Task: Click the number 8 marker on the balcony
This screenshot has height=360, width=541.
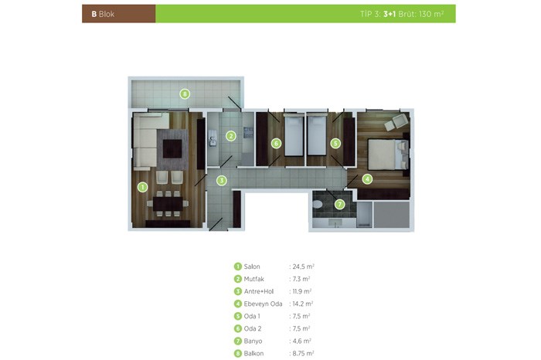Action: pyautogui.click(x=185, y=93)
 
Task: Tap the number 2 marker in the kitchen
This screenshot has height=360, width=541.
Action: pyautogui.click(x=231, y=136)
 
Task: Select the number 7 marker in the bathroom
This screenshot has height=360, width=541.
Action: pyautogui.click(x=339, y=205)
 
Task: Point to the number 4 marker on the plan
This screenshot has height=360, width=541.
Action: pyautogui.click(x=367, y=179)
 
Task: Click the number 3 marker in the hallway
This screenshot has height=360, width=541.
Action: pyautogui.click(x=222, y=180)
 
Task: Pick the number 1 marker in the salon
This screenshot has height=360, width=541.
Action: pyautogui.click(x=142, y=187)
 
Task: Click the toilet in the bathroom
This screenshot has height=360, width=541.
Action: pyautogui.click(x=317, y=205)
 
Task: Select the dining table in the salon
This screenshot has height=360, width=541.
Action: pyautogui.click(x=168, y=204)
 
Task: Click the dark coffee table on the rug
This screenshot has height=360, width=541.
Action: pyautogui.click(x=172, y=148)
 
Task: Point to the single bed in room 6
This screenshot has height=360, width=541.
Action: pyautogui.click(x=294, y=135)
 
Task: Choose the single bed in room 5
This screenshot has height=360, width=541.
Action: pyautogui.click(x=317, y=135)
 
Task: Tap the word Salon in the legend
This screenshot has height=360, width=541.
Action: pyautogui.click(x=252, y=267)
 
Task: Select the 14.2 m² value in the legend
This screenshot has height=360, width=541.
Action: pyautogui.click(x=303, y=304)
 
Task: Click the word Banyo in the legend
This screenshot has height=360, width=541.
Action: pyautogui.click(x=253, y=341)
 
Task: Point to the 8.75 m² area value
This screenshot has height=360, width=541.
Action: pyautogui.click(x=303, y=354)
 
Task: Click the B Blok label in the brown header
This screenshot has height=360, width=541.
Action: pyautogui.click(x=103, y=14)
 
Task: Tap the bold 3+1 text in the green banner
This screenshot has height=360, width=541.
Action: pyautogui.click(x=390, y=14)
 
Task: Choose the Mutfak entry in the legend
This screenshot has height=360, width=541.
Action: pyautogui.click(x=254, y=279)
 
